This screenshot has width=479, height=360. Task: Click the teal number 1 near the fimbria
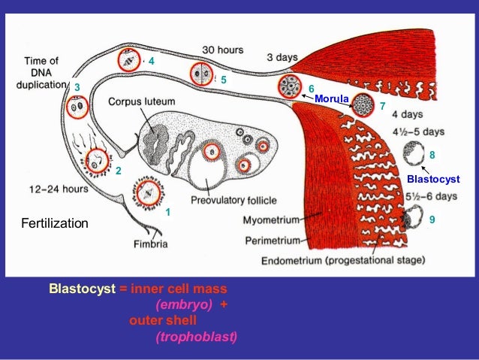pos(168,212)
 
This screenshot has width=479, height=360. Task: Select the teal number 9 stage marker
pos(431,220)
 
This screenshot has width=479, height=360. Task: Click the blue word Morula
pos(332,98)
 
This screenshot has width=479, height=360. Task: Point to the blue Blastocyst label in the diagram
pos(432,180)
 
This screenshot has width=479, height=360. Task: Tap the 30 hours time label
pos(223,49)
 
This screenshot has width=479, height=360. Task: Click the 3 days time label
pos(282,57)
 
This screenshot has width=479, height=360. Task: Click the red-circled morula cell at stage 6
pos(289,87)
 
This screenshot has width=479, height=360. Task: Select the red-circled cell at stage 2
pos(97,160)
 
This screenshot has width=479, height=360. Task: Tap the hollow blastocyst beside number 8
pos(412,155)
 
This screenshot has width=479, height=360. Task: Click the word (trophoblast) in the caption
pos(195,336)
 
